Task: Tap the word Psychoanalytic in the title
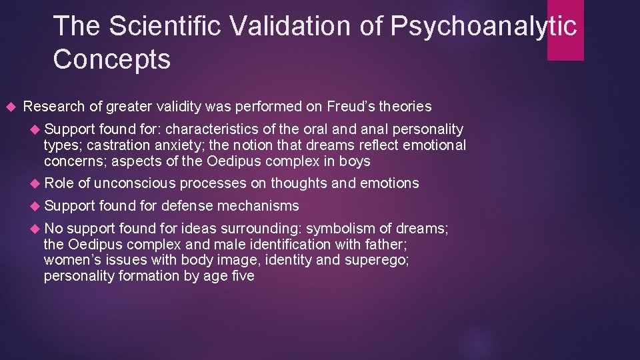point(483,26)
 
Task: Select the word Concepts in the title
point(111,59)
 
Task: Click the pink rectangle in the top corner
point(565,30)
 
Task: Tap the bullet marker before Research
point(9,107)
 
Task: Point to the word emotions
point(389,183)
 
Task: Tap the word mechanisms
point(259,206)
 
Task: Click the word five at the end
point(241,276)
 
